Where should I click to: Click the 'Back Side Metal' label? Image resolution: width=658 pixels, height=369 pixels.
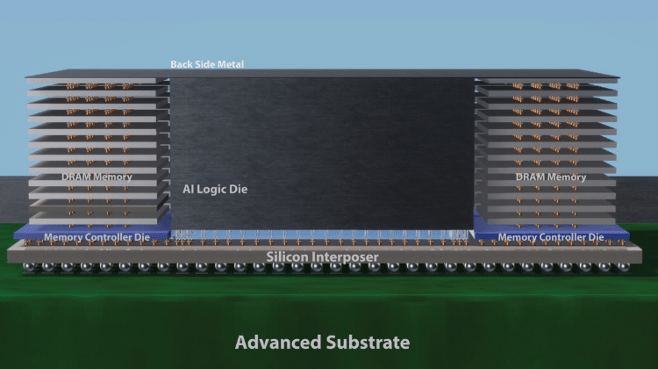(207, 64)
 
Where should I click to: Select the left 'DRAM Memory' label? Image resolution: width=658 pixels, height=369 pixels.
(97, 177)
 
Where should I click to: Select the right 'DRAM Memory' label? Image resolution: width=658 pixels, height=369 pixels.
(551, 177)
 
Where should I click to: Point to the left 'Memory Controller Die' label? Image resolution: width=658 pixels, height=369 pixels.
(97, 237)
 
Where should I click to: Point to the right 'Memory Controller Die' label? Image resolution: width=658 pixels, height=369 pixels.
(550, 237)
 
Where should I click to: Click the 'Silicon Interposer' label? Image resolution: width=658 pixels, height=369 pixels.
(322, 257)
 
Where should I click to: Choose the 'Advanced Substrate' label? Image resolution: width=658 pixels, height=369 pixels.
(322, 342)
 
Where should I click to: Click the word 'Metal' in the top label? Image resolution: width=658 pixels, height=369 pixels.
(231, 64)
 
